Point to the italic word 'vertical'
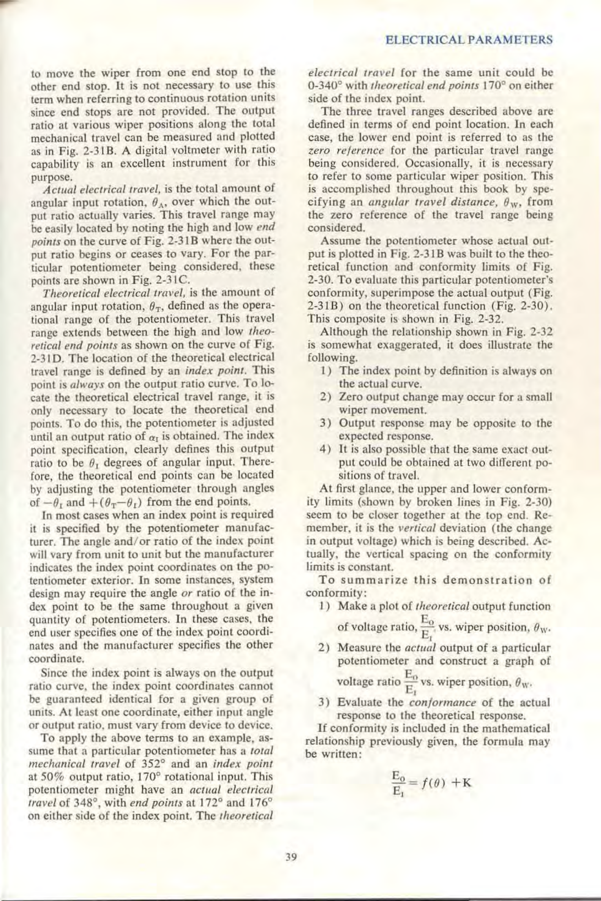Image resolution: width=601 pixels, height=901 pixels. tap(415, 528)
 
